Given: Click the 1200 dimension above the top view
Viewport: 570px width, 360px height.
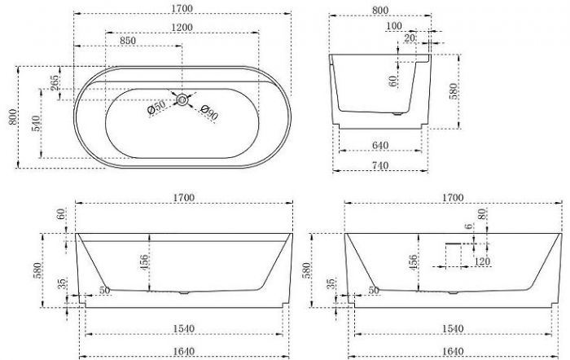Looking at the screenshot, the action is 182,27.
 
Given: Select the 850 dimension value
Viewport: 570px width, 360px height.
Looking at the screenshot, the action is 128,41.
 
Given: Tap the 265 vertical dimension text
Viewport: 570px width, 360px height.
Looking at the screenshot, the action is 55,83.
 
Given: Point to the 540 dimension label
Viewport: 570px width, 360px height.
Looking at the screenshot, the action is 35,123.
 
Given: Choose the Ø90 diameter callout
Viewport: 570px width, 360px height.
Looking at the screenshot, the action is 209,112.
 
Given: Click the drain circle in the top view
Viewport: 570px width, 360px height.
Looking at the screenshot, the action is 182,99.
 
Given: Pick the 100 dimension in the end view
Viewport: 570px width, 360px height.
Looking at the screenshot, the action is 394,26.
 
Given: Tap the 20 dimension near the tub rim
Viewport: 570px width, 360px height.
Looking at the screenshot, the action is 410,37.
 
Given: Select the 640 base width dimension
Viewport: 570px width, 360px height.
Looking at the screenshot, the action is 380,145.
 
